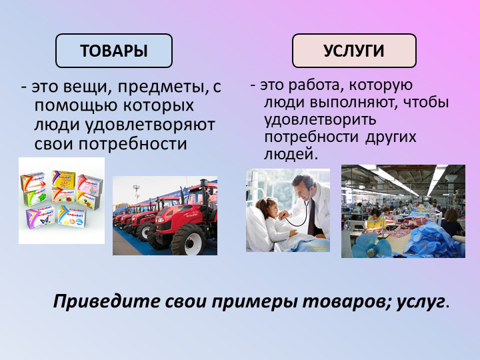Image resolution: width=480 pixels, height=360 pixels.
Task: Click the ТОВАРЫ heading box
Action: (x=114, y=51)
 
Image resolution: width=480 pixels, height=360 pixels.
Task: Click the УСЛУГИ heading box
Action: (x=354, y=51)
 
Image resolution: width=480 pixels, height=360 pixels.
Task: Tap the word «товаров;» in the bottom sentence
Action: (x=347, y=301)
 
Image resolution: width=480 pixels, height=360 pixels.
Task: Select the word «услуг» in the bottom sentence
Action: (x=420, y=301)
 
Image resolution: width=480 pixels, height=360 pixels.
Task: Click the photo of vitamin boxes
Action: (x=61, y=200)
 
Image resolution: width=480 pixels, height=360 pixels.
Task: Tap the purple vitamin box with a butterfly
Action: (x=40, y=216)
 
